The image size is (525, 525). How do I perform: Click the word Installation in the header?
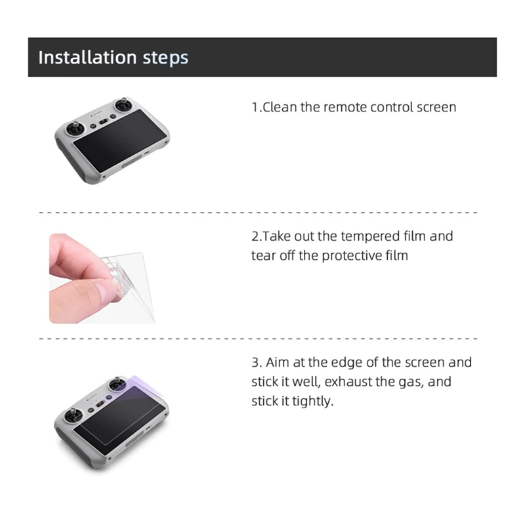(x=87, y=57)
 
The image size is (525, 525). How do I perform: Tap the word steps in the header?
(x=165, y=58)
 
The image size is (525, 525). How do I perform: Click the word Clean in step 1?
(x=280, y=107)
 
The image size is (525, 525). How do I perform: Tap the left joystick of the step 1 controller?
(x=75, y=129)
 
